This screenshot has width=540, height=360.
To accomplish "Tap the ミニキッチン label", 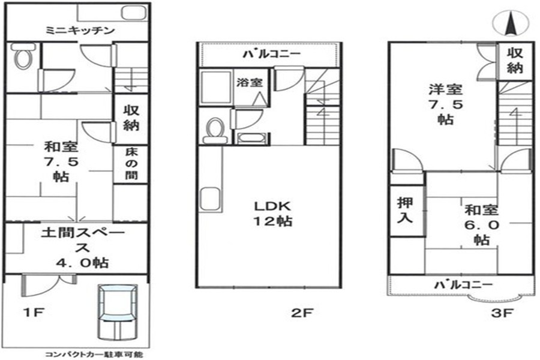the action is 80,31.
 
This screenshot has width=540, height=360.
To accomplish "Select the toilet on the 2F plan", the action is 215,131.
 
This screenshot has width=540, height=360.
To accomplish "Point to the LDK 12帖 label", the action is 273,214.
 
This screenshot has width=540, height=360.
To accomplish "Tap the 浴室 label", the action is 250,82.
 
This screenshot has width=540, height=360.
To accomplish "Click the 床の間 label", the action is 131,164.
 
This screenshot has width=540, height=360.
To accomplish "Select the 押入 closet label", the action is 405,210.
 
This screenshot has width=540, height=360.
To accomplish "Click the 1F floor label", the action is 33,313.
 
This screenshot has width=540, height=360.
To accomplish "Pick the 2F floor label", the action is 302,313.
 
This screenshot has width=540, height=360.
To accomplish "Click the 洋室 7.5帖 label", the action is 446,104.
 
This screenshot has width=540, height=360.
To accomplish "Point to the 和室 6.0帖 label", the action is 481,224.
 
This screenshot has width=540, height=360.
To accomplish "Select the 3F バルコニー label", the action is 463,284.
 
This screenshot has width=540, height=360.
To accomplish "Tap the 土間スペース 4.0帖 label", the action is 83,248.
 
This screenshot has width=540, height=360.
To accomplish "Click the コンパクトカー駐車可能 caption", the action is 94,355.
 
